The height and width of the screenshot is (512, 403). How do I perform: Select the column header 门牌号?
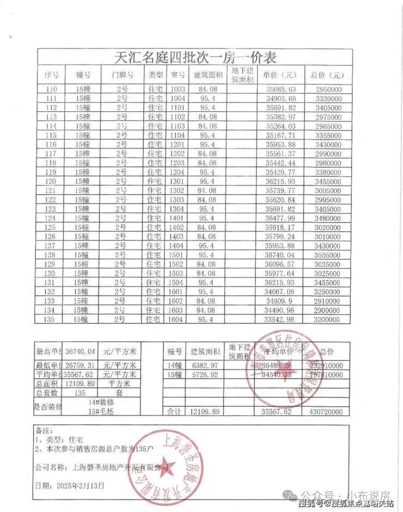pos(121,75)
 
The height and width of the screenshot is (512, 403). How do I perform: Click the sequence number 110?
pos(52,89)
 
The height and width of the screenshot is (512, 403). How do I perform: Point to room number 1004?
pos(178,99)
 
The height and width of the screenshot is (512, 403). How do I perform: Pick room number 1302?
pos(178,190)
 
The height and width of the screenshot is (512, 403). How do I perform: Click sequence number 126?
pos(52,236)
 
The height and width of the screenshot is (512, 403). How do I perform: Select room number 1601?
pos(178,291)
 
